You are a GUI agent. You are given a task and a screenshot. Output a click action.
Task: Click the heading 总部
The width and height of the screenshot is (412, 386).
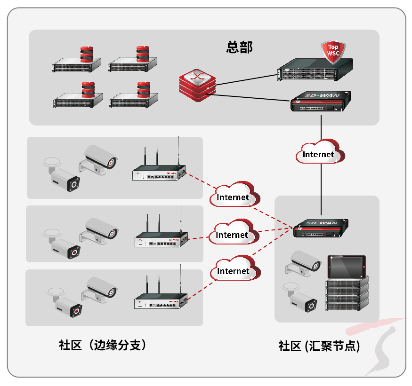pyautogui.click(x=239, y=47)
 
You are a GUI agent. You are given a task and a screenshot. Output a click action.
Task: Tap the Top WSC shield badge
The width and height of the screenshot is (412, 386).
pyautogui.click(x=333, y=51)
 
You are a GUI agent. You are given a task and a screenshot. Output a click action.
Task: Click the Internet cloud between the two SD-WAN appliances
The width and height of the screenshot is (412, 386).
pyautogui.click(x=320, y=152)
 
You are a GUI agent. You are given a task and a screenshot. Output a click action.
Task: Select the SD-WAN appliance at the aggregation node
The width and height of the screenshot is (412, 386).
pyautogui.click(x=322, y=229)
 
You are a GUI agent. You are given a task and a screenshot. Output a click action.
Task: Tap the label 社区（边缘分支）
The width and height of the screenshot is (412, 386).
pyautogui.click(x=102, y=345)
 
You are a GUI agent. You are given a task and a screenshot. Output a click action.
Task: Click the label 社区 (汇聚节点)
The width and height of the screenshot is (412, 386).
pyautogui.click(x=319, y=347)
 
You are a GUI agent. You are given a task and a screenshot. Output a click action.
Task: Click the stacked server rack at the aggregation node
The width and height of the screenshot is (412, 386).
pyautogui.click(x=347, y=294)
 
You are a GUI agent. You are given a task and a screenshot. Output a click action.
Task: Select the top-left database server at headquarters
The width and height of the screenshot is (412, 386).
pyautogui.click(x=78, y=63)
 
